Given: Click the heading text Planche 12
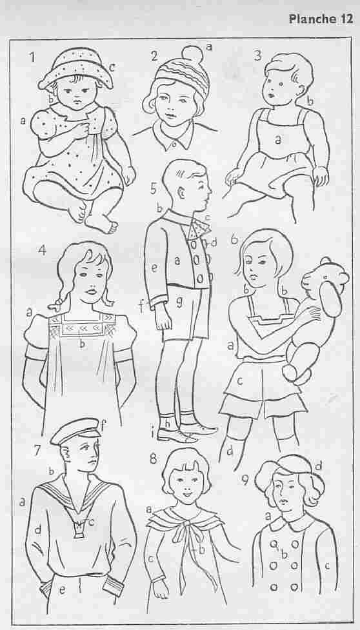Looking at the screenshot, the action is tap(321, 20).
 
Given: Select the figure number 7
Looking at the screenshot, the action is tap(37, 450).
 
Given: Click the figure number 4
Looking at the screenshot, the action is tap(42, 250).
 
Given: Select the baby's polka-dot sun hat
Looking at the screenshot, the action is tap(75, 68).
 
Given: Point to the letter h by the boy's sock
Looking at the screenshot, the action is tap(168, 423).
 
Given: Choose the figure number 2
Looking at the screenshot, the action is tap(154, 56).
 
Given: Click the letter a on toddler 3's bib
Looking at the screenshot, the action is tap(277, 139).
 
